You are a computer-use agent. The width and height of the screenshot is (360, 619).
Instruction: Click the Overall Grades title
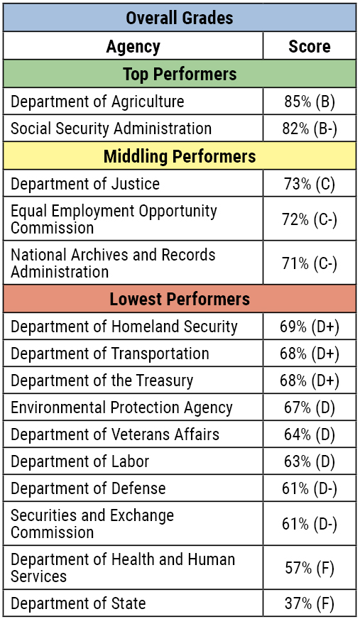tap(179, 18)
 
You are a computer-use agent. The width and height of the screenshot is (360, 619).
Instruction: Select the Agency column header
tap(133, 47)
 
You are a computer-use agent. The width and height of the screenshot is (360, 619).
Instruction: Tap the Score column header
tap(309, 47)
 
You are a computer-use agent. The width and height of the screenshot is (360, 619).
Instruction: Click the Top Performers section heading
tap(179, 74)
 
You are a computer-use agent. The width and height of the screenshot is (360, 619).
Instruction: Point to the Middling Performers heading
tap(179, 155)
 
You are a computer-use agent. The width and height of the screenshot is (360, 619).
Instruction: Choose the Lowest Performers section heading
tap(179, 299)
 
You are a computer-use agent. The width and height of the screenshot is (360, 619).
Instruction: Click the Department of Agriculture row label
tap(97, 102)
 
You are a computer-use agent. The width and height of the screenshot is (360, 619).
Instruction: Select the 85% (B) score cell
tap(309, 102)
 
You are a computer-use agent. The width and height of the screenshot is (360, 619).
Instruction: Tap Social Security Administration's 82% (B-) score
tap(309, 128)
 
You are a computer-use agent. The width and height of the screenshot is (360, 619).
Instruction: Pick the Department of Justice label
tap(85, 184)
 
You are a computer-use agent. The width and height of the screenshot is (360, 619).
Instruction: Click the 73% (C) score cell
tap(309, 184)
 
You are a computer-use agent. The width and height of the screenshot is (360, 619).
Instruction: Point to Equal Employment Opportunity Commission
tap(114, 219)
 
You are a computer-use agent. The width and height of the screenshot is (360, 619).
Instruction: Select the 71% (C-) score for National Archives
tap(309, 263)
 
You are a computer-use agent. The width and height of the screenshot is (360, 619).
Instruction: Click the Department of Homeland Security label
tap(124, 327)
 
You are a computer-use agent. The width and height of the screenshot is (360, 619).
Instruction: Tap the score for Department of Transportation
tap(309, 354)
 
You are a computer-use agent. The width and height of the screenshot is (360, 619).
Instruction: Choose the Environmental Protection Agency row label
tap(121, 407)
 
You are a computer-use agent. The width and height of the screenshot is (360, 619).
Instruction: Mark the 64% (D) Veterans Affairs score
tap(309, 434)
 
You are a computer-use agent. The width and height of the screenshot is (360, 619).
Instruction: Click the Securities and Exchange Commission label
tap(92, 524)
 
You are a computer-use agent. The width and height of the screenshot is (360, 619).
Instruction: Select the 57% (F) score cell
tap(309, 568)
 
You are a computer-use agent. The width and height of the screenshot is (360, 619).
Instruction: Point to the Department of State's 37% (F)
tap(309, 603)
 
